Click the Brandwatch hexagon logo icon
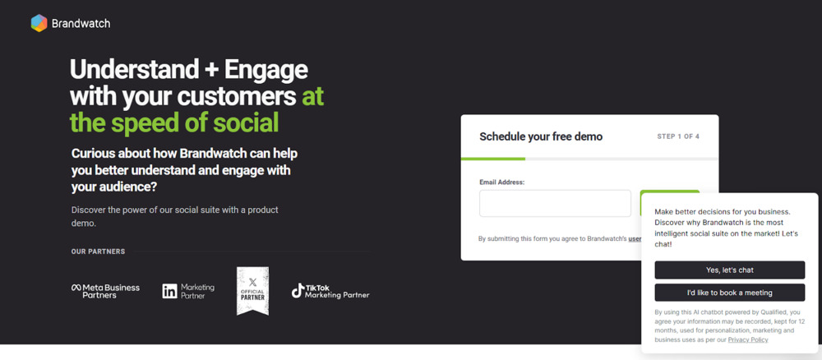pyautogui.click(x=39, y=23)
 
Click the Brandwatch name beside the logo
pyautogui.click(x=81, y=24)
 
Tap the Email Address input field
pyautogui.click(x=555, y=203)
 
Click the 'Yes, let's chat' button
pyautogui.click(x=729, y=270)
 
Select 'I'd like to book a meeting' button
pyautogui.click(x=729, y=293)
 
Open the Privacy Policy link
pyautogui.click(x=748, y=339)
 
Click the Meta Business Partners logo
pyautogui.click(x=105, y=291)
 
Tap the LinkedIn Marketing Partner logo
pyautogui.click(x=188, y=291)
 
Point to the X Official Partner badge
pyautogui.click(x=252, y=290)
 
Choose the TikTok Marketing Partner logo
pyautogui.click(x=330, y=291)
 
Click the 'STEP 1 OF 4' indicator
pyautogui.click(x=678, y=136)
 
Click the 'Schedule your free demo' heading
pyautogui.click(x=541, y=136)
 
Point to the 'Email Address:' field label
pyautogui.click(x=501, y=182)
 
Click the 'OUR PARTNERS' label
pyautogui.click(x=98, y=252)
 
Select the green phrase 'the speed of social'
pyautogui.click(x=174, y=122)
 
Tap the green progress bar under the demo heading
pyautogui.click(x=492, y=159)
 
